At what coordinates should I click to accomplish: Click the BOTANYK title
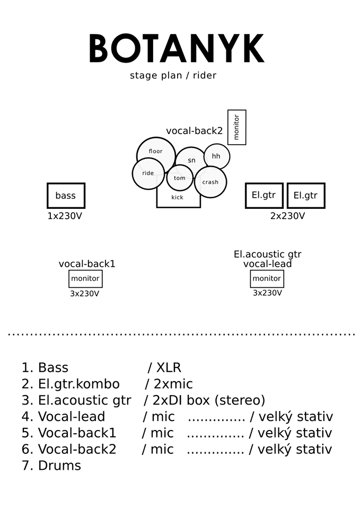click(x=177, y=49)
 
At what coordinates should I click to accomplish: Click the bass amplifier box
click(x=66, y=196)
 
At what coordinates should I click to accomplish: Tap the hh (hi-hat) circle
click(x=216, y=156)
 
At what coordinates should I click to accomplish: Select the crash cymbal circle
click(x=210, y=182)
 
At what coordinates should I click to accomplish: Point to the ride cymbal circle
click(x=148, y=173)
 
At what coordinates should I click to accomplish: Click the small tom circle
click(x=180, y=178)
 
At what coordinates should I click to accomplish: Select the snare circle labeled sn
click(x=191, y=160)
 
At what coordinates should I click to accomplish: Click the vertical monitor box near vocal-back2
click(x=236, y=127)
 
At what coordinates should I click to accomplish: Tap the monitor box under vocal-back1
click(x=85, y=278)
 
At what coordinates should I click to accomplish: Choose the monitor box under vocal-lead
click(x=267, y=278)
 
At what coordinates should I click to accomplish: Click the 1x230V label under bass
click(x=65, y=216)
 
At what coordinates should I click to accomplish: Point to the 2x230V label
click(x=287, y=216)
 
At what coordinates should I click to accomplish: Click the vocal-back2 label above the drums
click(x=194, y=131)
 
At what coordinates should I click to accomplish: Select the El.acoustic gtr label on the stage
click(x=267, y=254)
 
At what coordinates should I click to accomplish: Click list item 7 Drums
click(x=51, y=466)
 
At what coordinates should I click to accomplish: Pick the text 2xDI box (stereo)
click(x=209, y=400)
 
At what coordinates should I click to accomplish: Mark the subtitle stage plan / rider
click(x=173, y=75)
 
